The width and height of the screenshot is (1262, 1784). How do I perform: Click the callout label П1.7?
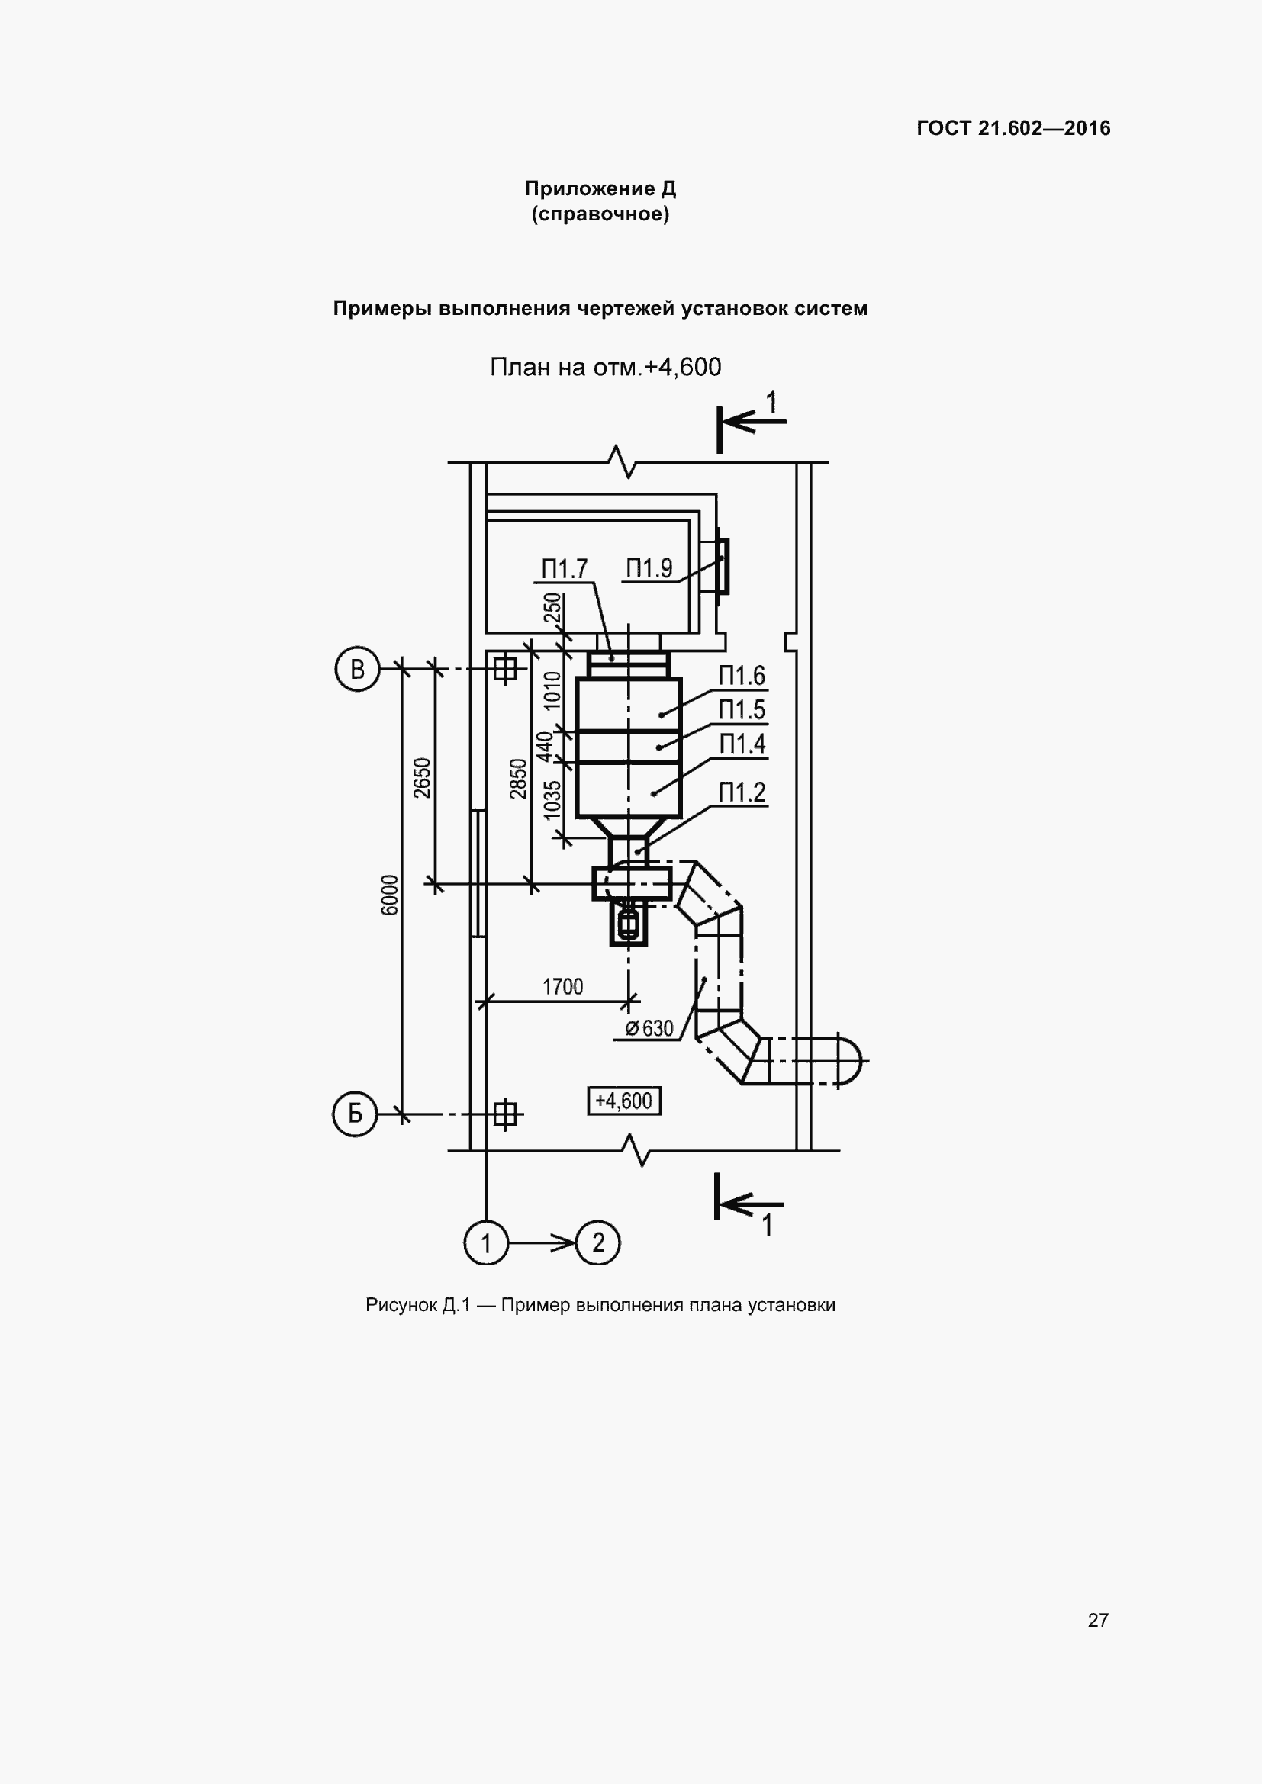coord(564,569)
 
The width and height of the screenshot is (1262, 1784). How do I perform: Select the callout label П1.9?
coord(649,568)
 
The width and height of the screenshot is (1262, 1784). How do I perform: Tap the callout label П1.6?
coord(742,675)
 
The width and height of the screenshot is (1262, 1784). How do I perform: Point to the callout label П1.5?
coord(742,709)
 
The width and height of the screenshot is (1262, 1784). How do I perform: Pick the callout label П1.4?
coord(742,744)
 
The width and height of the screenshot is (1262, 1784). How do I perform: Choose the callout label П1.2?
coord(742,792)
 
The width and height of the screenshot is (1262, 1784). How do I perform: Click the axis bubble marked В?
coord(357,669)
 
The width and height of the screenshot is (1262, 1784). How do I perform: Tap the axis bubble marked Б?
coord(355,1114)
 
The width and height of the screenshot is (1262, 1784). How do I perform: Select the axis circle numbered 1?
coord(486,1242)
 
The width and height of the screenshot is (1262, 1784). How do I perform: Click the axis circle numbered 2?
coord(597,1242)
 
